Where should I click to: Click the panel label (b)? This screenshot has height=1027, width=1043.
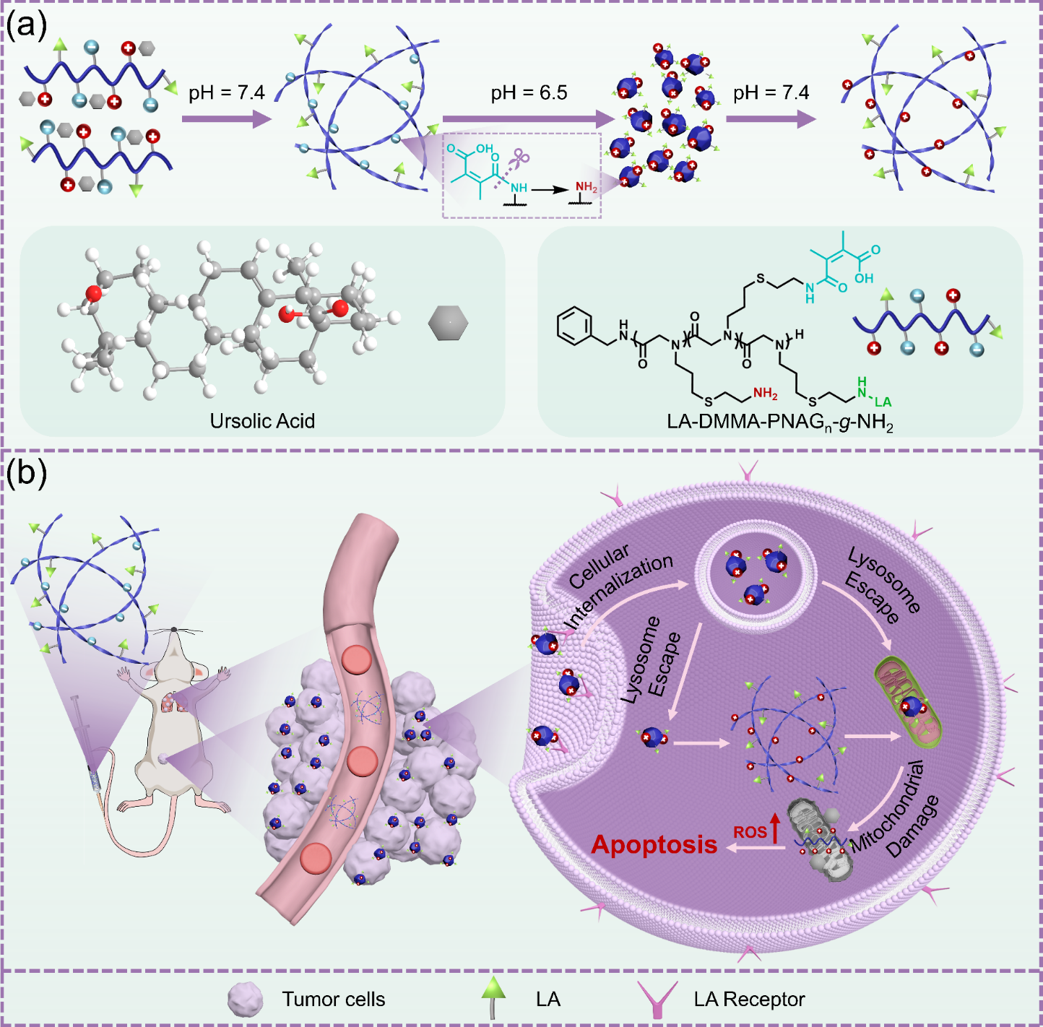[27, 473]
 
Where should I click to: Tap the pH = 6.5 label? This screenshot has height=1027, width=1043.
[529, 92]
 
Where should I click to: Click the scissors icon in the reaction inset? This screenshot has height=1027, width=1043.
[519, 157]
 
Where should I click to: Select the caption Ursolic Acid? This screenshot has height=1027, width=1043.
[262, 420]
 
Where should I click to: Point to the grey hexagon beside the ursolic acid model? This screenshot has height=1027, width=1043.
[448, 322]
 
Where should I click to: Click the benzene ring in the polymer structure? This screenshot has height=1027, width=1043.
[576, 326]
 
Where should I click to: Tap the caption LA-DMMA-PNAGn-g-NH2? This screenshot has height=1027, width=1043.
[779, 421]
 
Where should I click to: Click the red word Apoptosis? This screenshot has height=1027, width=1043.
[654, 844]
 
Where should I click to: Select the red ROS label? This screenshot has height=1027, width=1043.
[750, 832]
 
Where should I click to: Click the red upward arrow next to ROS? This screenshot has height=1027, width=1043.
[775, 828]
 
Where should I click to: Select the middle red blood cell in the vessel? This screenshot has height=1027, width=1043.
[362, 760]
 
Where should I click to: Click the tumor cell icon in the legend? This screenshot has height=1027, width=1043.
[244, 1000]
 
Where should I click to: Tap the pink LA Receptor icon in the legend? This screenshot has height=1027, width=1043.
[657, 999]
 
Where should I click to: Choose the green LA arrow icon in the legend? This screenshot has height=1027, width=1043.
[494, 997]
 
